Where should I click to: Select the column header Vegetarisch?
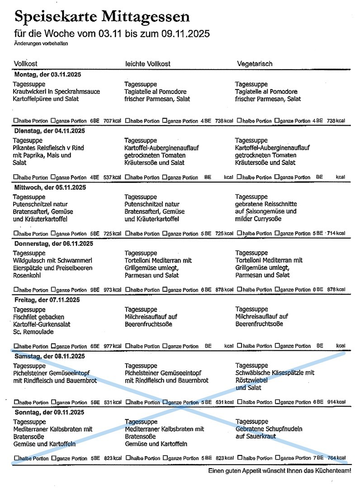(x=255, y=64)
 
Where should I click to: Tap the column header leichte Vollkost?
(x=147, y=64)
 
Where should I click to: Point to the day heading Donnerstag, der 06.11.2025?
(x=53, y=244)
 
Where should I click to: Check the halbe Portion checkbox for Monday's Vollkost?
(x=16, y=121)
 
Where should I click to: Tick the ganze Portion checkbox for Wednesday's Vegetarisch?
(x=277, y=233)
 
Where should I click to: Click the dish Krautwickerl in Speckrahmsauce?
(x=57, y=92)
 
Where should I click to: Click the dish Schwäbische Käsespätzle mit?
(x=275, y=373)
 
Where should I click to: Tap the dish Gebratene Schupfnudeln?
(x=269, y=429)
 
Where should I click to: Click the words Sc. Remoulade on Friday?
(x=33, y=332)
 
